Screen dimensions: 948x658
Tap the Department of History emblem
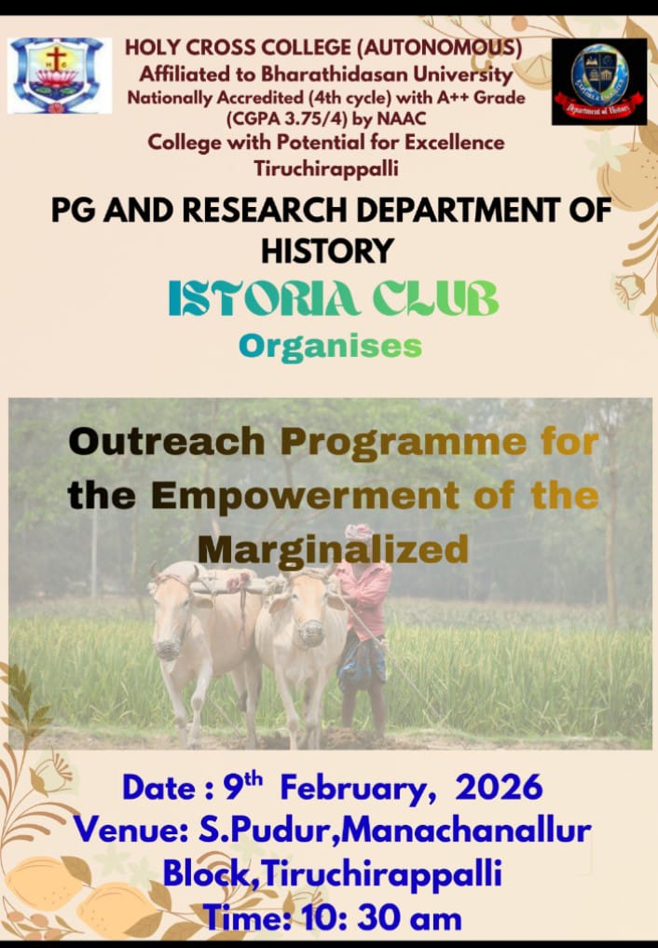[598, 81]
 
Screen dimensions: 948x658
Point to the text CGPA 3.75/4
[278, 118]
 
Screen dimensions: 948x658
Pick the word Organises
[330, 346]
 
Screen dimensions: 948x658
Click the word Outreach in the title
[166, 441]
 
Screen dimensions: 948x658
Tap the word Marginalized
[333, 549]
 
